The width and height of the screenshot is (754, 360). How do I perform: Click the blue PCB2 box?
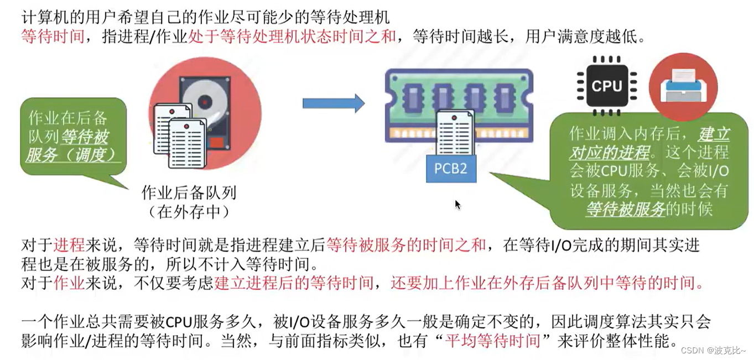pyautogui.click(x=451, y=169)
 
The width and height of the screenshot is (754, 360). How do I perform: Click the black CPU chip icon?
pyautogui.click(x=607, y=86)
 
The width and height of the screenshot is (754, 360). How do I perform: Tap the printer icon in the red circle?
pyautogui.click(x=684, y=86)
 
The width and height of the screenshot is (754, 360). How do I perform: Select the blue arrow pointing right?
pyautogui.click(x=334, y=103)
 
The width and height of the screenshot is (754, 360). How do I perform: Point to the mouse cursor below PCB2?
pyautogui.click(x=457, y=204)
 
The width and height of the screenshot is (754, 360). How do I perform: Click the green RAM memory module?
pyautogui.click(x=459, y=105)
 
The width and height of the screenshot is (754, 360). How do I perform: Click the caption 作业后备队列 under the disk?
pyautogui.click(x=189, y=192)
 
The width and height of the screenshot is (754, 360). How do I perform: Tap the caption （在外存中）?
pyautogui.click(x=189, y=212)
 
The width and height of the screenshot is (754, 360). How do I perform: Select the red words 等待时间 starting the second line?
pyautogui.click(x=53, y=36)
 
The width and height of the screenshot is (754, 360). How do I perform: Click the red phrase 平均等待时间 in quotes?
pyautogui.click(x=492, y=341)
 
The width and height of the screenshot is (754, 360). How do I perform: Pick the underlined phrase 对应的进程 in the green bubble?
pyautogui.click(x=610, y=153)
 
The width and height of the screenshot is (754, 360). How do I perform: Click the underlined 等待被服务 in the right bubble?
pyautogui.click(x=626, y=208)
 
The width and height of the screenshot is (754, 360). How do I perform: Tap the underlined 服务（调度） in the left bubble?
pyautogui.click(x=72, y=155)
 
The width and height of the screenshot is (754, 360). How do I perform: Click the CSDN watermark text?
pyautogui.click(x=713, y=350)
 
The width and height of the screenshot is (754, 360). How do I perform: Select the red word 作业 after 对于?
pyautogui.click(x=69, y=283)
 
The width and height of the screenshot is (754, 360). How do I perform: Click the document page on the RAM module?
pyautogui.click(x=454, y=133)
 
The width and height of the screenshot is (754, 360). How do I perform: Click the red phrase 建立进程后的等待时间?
pyautogui.click(x=294, y=283)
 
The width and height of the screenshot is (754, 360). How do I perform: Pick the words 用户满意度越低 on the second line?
pyautogui.click(x=581, y=36)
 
